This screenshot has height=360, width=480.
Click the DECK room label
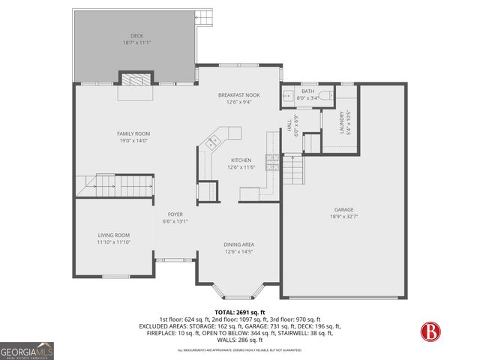pos(136,36)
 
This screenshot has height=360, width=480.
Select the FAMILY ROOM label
pos(133,133)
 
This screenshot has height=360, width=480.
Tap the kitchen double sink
pos(222,139)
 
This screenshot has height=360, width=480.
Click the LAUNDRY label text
pos(342,122)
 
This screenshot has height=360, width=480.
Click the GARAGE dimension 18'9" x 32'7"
pos(344,217)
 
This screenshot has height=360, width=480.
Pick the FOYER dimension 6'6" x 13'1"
pos(175,221)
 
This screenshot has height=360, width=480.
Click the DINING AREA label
pos(239,244)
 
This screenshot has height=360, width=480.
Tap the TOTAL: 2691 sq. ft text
pos(239,312)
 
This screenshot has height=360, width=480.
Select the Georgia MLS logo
pos(27,350)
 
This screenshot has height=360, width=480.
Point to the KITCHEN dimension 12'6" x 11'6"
pos(241,166)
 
